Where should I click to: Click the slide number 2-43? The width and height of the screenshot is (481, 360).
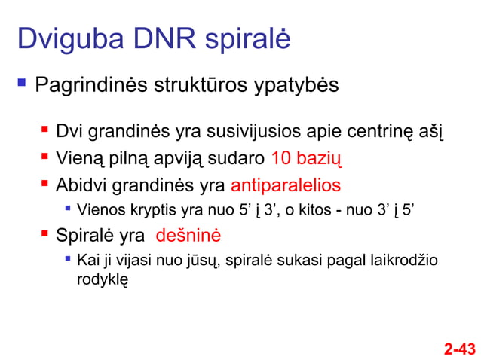459,349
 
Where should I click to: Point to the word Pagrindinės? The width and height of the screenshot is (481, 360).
90,85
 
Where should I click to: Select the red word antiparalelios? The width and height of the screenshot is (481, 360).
285,185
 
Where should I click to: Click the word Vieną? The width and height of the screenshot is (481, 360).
77,159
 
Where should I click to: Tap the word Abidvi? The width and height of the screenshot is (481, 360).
79,185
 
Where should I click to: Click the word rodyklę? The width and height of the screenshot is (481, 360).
103,279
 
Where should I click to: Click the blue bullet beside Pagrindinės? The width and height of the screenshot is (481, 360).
20,82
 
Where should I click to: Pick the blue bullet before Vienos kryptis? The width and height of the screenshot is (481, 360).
68,208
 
